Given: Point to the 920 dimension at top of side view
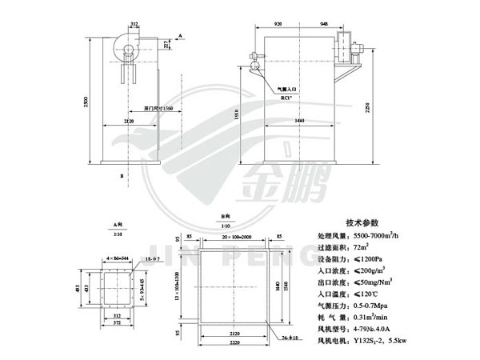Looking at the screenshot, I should pos(277,24).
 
